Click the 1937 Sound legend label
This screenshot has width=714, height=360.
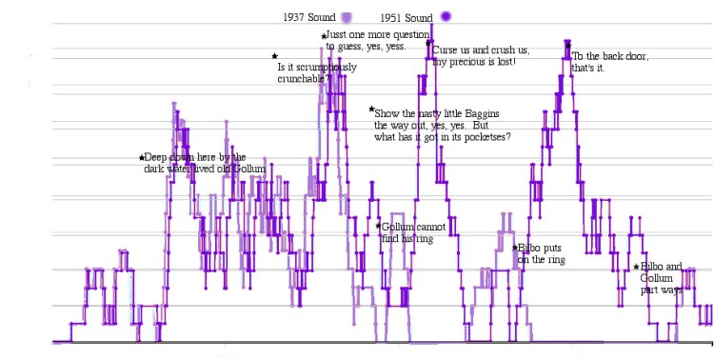[310, 17]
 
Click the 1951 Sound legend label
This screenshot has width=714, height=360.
[407, 17]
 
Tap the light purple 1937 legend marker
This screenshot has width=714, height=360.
[347, 17]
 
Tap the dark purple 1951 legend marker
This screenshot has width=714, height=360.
[446, 16]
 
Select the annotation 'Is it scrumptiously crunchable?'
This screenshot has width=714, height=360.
[317, 72]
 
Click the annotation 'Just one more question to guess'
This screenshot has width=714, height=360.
[366, 40]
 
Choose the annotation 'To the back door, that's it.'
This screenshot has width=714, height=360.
[609, 62]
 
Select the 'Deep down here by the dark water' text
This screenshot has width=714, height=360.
[197, 163]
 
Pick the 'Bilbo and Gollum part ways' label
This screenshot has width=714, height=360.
[661, 278]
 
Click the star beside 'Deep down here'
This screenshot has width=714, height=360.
[142, 157]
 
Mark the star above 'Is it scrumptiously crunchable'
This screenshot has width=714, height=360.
[275, 56]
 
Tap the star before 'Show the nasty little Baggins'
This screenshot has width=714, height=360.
[371, 110]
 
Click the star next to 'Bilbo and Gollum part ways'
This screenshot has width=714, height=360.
[636, 267]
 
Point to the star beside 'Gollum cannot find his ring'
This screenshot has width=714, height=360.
[378, 226]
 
